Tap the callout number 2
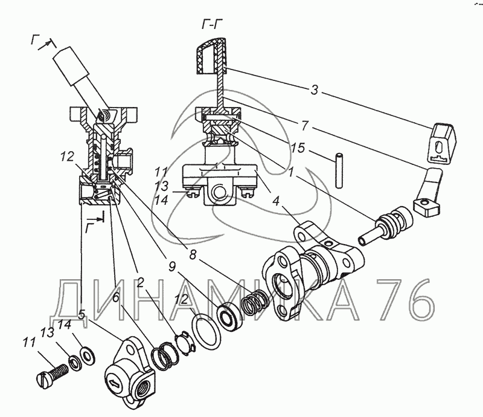[x=140, y=282]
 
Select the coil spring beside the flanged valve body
[x=253, y=300]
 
